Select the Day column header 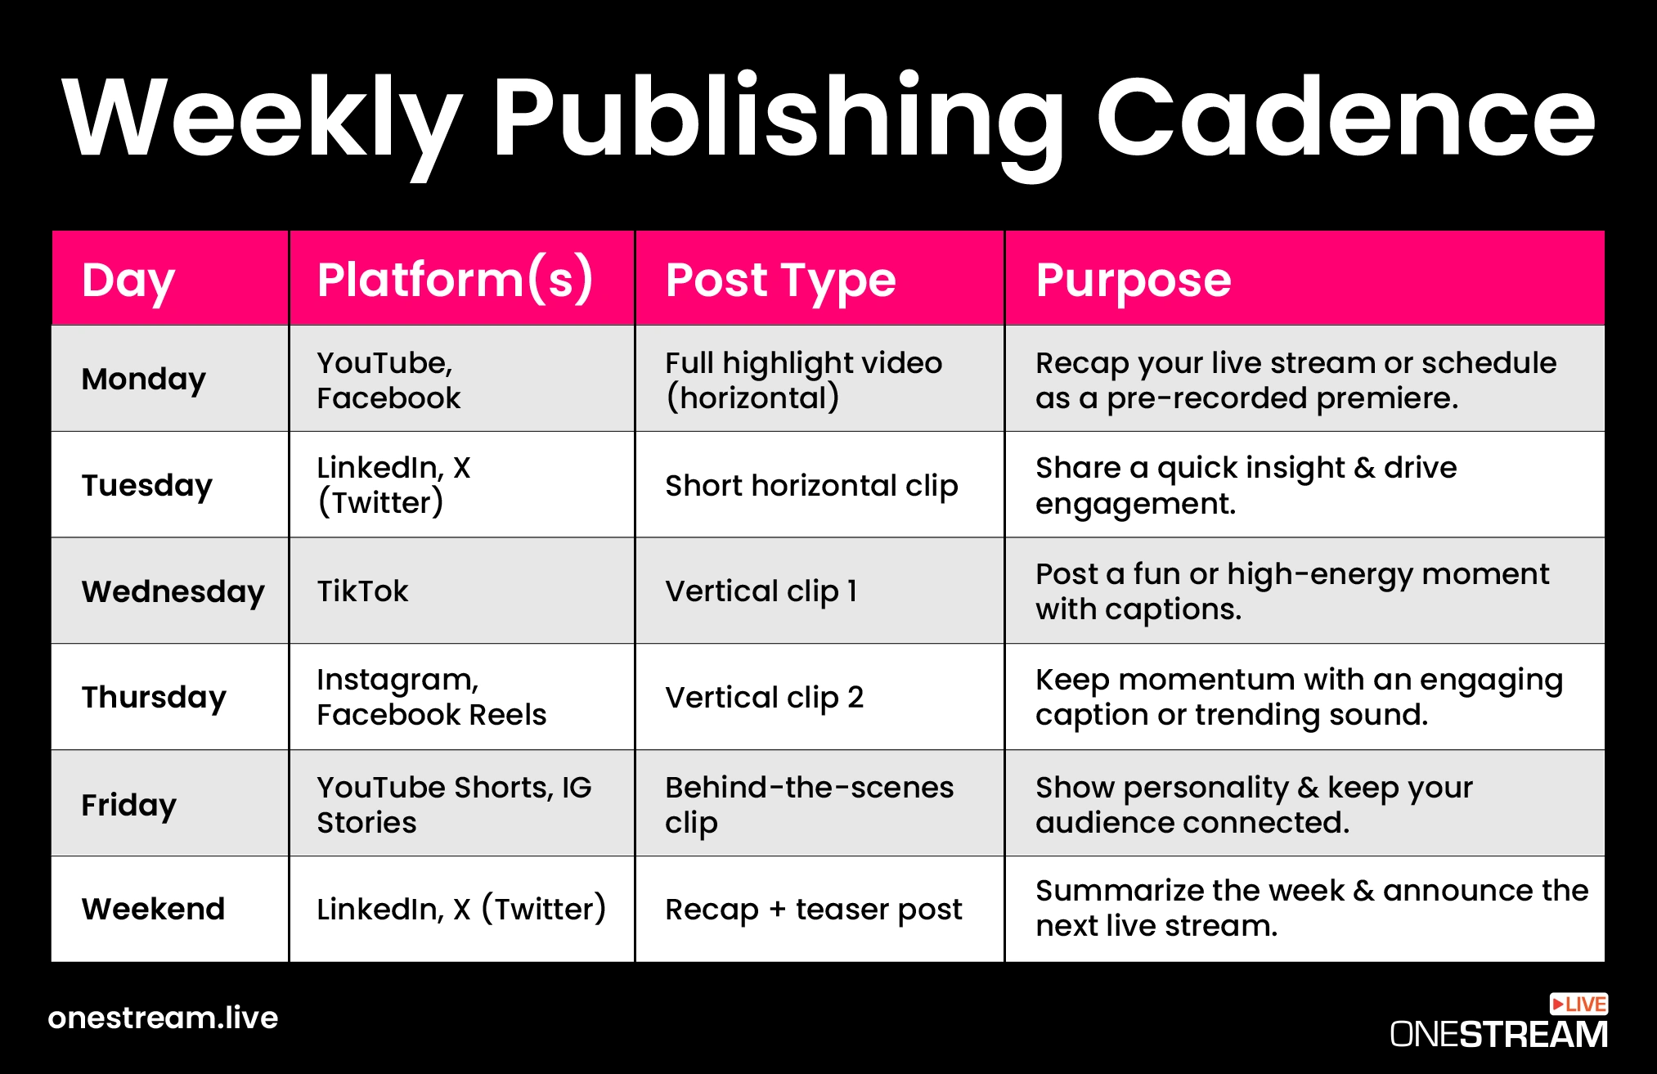(x=128, y=280)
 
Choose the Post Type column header (x=780, y=281)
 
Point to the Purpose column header (x=1133, y=281)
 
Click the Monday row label (x=144, y=380)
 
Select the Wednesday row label (x=173, y=591)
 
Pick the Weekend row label (x=153, y=909)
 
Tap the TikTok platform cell (x=362, y=591)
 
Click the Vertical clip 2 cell (x=765, y=698)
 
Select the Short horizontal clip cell (x=811, y=486)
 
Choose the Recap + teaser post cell (x=814, y=910)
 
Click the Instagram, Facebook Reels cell (x=432, y=697)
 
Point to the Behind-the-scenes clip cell (x=810, y=805)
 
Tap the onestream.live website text (x=163, y=1018)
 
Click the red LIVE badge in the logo (x=1578, y=1004)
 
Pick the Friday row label (x=129, y=805)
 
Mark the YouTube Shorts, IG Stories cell (x=455, y=805)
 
